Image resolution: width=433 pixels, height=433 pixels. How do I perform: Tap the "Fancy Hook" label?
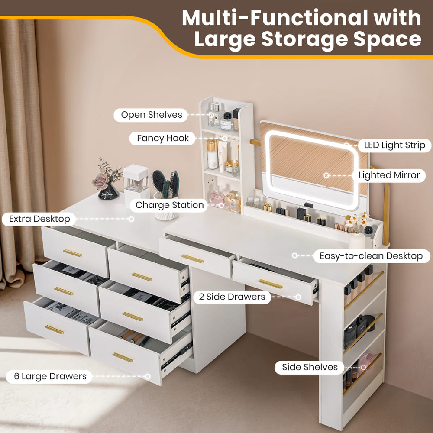tap(160, 138)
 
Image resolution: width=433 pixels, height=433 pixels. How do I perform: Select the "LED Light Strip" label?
tap(394, 145)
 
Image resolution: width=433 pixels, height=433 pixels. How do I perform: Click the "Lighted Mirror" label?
tap(389, 175)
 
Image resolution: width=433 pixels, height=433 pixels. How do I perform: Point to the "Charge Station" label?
tap(169, 205)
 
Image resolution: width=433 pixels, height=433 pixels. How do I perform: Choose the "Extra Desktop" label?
tap(39, 219)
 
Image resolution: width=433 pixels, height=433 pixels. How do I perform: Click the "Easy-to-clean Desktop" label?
tap(371, 256)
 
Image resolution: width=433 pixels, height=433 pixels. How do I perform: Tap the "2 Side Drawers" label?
tap(232, 297)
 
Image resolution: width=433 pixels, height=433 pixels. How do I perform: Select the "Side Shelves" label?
tap(310, 367)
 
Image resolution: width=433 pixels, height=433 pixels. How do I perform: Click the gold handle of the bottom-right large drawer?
tap(123, 357)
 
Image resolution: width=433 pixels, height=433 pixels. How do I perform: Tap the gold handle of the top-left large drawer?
tap(72, 253)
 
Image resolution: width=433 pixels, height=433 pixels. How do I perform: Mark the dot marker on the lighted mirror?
tap(327, 175)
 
